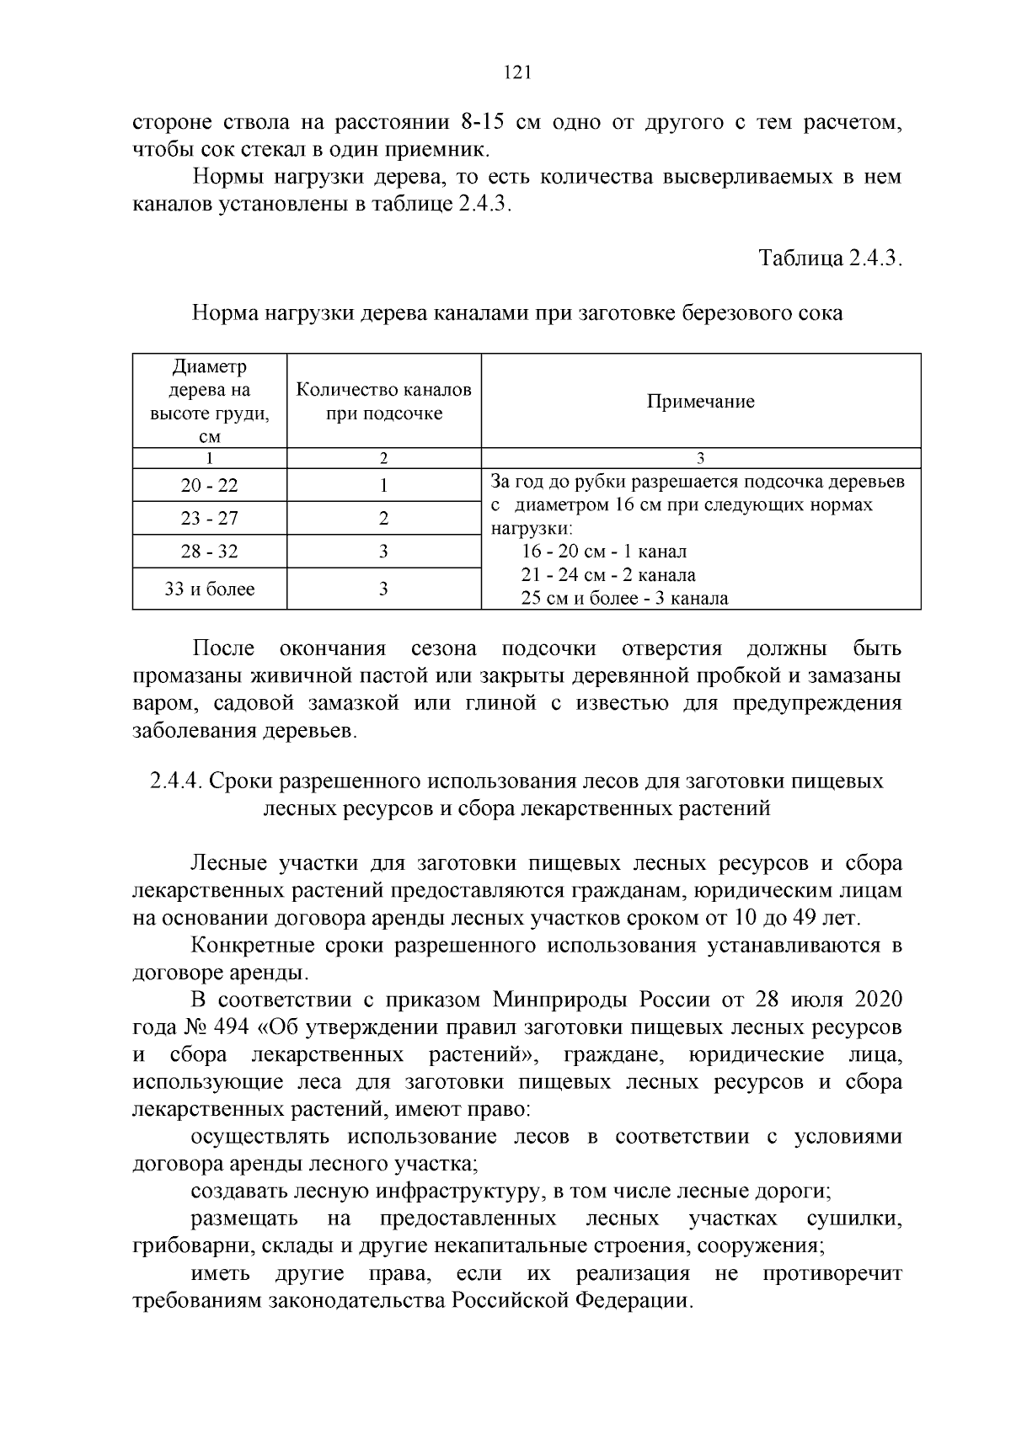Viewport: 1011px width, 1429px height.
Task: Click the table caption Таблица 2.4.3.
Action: (831, 258)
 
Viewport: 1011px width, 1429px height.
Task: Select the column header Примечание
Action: (700, 402)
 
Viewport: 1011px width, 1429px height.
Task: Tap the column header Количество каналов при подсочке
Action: (383, 402)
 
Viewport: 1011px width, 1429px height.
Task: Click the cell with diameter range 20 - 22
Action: (209, 486)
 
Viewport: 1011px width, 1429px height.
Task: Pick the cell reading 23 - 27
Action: (209, 519)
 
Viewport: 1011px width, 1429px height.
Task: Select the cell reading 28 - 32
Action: (209, 552)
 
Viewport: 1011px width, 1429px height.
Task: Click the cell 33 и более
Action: (209, 589)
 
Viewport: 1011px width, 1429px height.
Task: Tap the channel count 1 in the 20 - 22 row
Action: (383, 486)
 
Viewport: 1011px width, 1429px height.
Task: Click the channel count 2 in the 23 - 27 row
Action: (383, 519)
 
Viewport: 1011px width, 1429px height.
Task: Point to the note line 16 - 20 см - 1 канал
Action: (604, 552)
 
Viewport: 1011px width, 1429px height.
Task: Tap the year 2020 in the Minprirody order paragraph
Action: (878, 1000)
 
